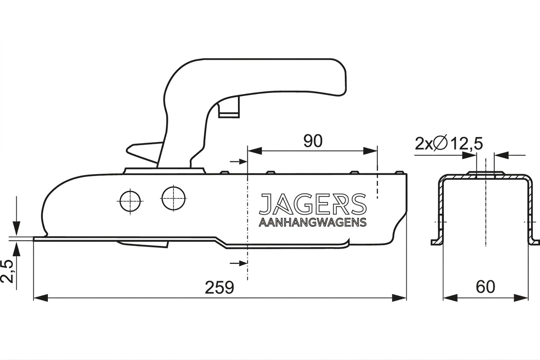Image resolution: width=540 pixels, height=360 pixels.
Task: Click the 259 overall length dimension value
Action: pos(220,287)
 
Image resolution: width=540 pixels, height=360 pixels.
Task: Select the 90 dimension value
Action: pos(313,141)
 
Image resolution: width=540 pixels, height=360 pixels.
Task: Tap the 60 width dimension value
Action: pos(485,287)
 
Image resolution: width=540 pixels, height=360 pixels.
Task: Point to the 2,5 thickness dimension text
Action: pos(7,272)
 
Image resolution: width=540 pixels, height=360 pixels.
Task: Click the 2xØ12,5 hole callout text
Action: pos(449,144)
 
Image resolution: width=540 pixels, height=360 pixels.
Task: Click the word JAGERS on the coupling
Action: pos(313,204)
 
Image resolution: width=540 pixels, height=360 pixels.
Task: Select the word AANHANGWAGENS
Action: pos(313,222)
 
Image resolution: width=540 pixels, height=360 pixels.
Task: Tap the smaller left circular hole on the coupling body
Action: pos(130,201)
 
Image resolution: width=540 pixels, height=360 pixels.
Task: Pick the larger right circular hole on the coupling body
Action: pos(174,198)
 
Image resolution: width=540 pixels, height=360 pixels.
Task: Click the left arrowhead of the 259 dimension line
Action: pos(41,298)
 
